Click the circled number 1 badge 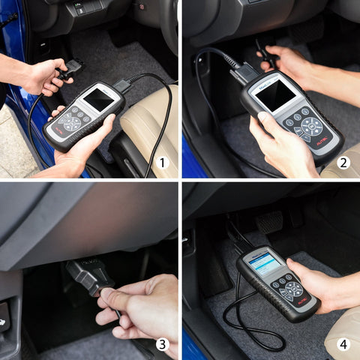coord(163,162)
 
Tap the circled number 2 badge coord(343,162)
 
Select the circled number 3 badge coord(162,343)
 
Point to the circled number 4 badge coord(343,343)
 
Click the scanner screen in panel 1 coord(98,99)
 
